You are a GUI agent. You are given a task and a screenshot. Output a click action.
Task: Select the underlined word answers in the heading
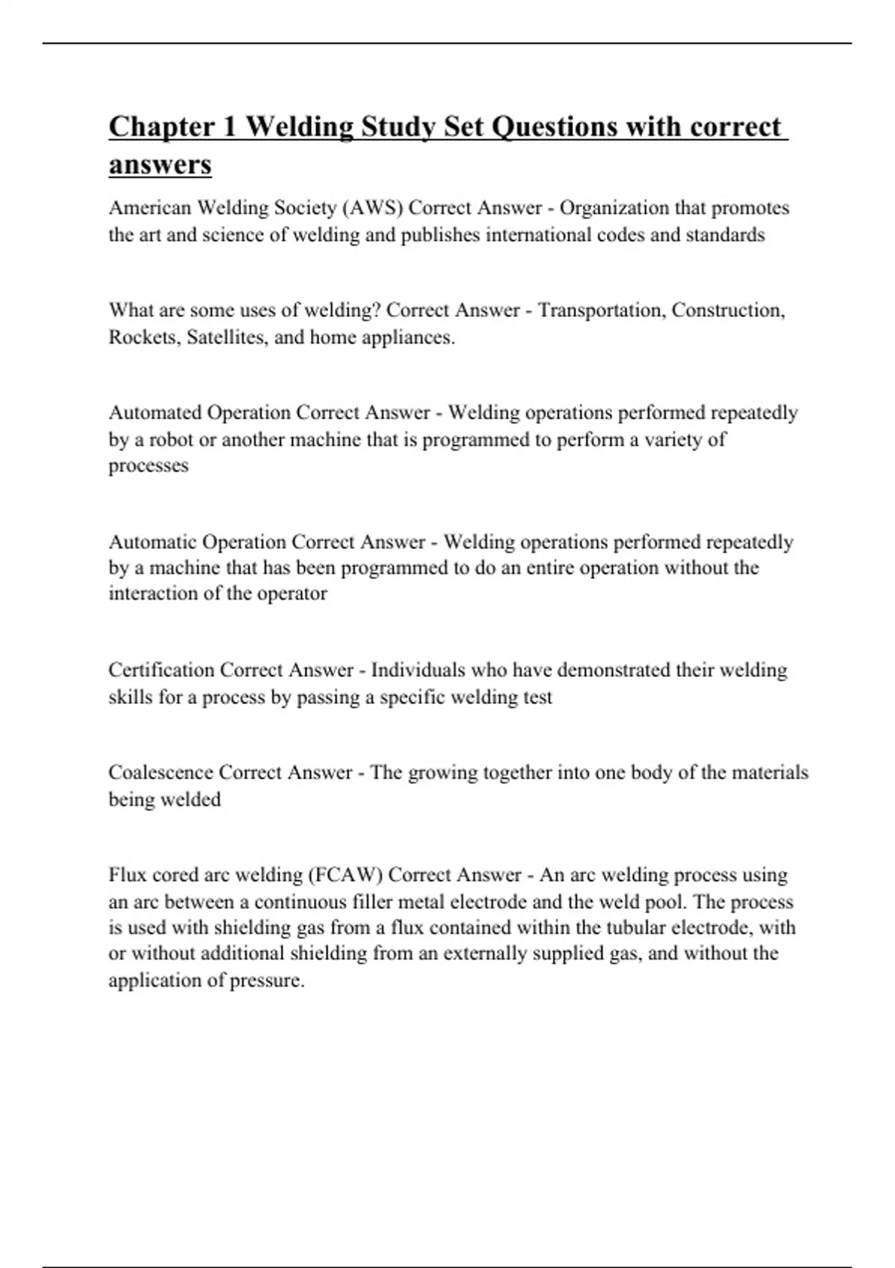(160, 165)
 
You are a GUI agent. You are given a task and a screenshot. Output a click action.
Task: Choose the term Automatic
(152, 542)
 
